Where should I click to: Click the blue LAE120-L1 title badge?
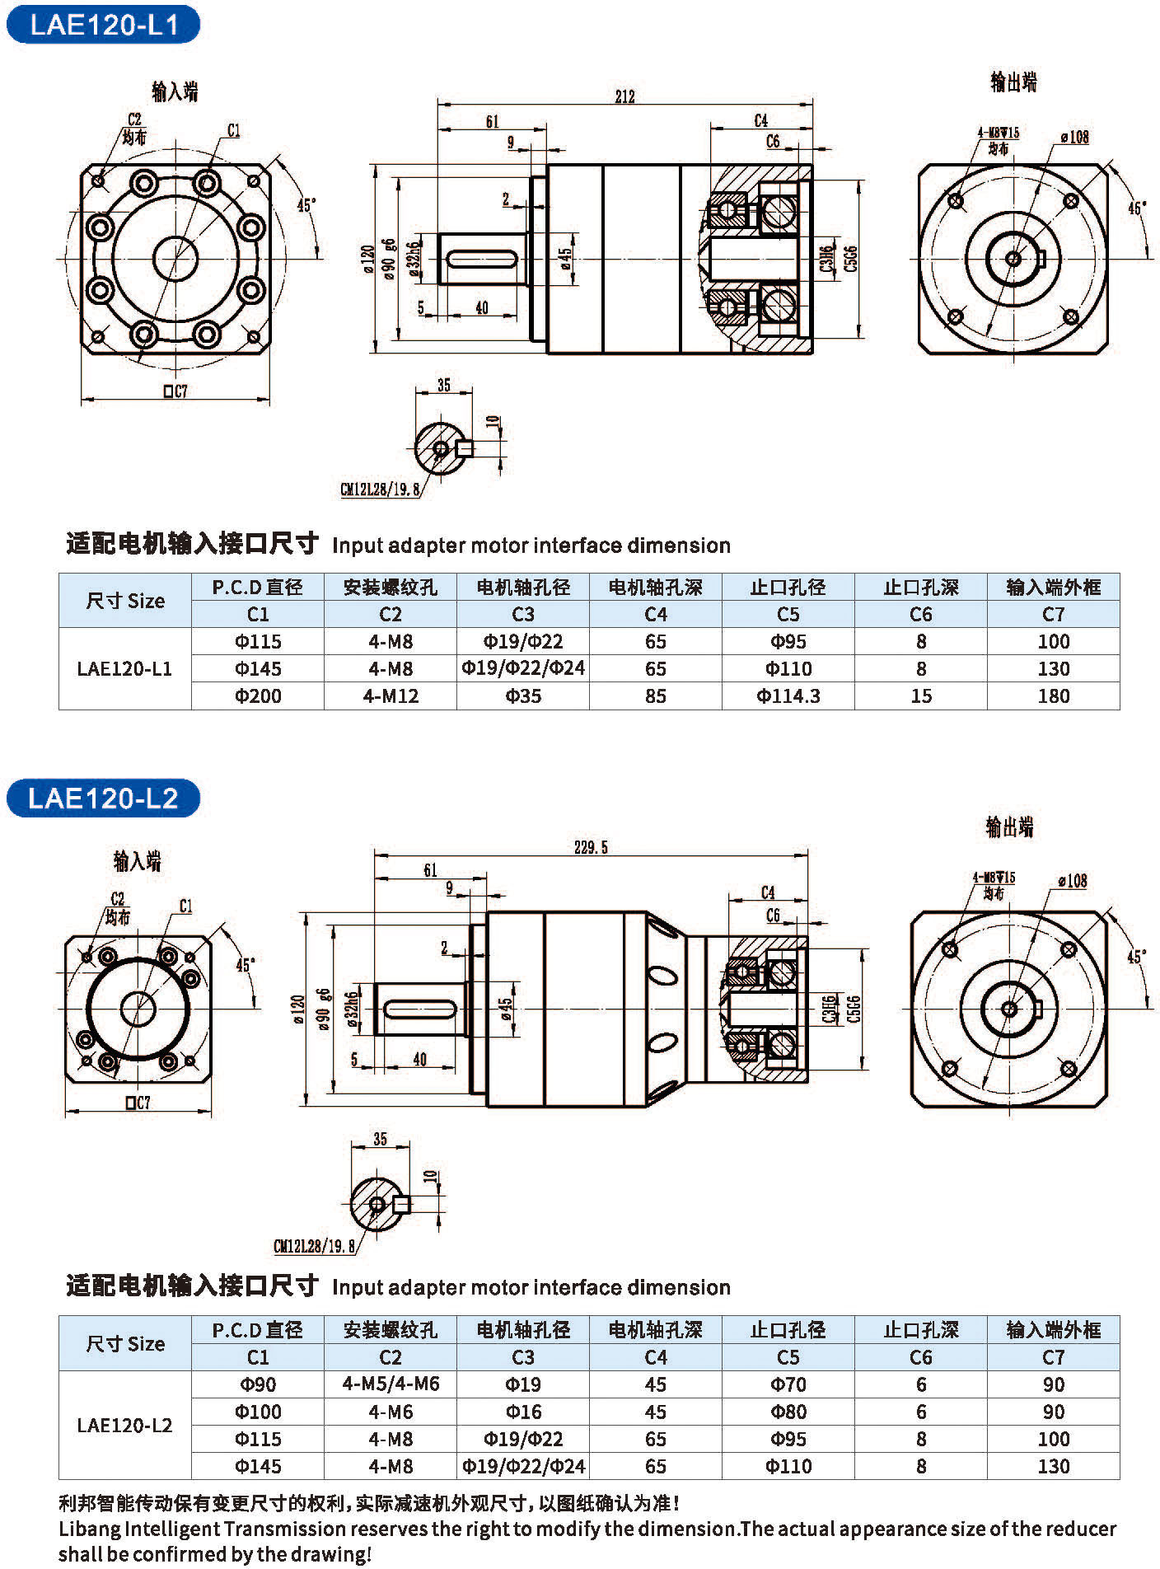103,24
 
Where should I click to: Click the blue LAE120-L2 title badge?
103,798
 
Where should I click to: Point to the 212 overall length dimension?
625,96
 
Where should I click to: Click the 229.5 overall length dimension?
591,847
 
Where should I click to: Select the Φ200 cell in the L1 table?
258,696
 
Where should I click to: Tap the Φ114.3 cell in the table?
788,696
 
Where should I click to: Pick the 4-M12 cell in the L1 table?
391,696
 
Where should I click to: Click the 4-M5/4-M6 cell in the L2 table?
391,1384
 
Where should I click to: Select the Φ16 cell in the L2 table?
523,1412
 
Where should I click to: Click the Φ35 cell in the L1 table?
523,696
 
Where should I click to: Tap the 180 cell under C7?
1053,696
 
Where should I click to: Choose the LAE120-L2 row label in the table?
124,1426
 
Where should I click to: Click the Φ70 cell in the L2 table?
788,1384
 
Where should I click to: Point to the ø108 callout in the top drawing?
1074,137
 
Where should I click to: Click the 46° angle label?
1137,208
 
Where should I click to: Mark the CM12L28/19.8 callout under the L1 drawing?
381,489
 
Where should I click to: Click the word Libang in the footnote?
89,1529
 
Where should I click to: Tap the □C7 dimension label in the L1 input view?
175,391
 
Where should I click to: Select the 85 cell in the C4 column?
656,696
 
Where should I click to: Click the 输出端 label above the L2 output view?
1009,827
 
